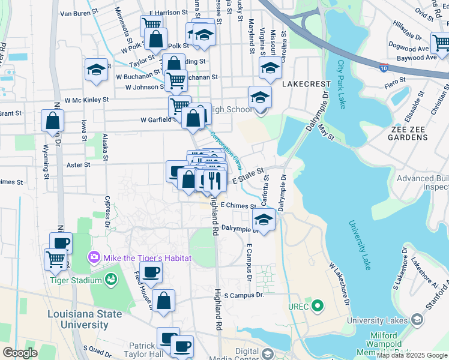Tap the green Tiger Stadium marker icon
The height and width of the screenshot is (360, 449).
[110, 279]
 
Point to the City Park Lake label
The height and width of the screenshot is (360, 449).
[341, 84]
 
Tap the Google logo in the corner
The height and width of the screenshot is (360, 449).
[20, 352]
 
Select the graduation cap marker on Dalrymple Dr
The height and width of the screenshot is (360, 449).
[264, 219]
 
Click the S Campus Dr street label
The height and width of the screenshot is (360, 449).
[244, 296]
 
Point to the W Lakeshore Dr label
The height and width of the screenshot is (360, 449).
[339, 282]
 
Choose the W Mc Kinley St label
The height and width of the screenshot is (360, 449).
[86, 100]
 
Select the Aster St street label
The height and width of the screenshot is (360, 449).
[79, 164]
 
